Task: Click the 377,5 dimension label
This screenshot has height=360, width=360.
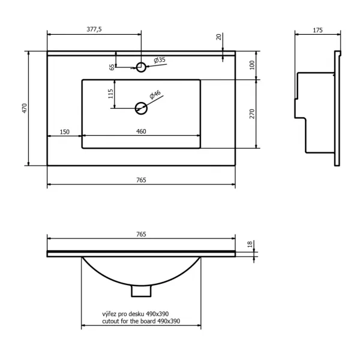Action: click(x=94, y=29)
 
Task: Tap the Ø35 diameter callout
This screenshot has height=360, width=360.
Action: click(x=160, y=60)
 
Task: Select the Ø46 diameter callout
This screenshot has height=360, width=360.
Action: click(x=155, y=95)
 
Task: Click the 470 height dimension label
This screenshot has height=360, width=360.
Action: click(x=25, y=108)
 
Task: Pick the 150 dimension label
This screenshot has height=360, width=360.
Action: click(x=65, y=132)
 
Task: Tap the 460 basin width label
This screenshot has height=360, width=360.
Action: click(x=141, y=131)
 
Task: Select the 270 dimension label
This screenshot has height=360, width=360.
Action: click(x=252, y=114)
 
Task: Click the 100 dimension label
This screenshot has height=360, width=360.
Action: click(x=252, y=65)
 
